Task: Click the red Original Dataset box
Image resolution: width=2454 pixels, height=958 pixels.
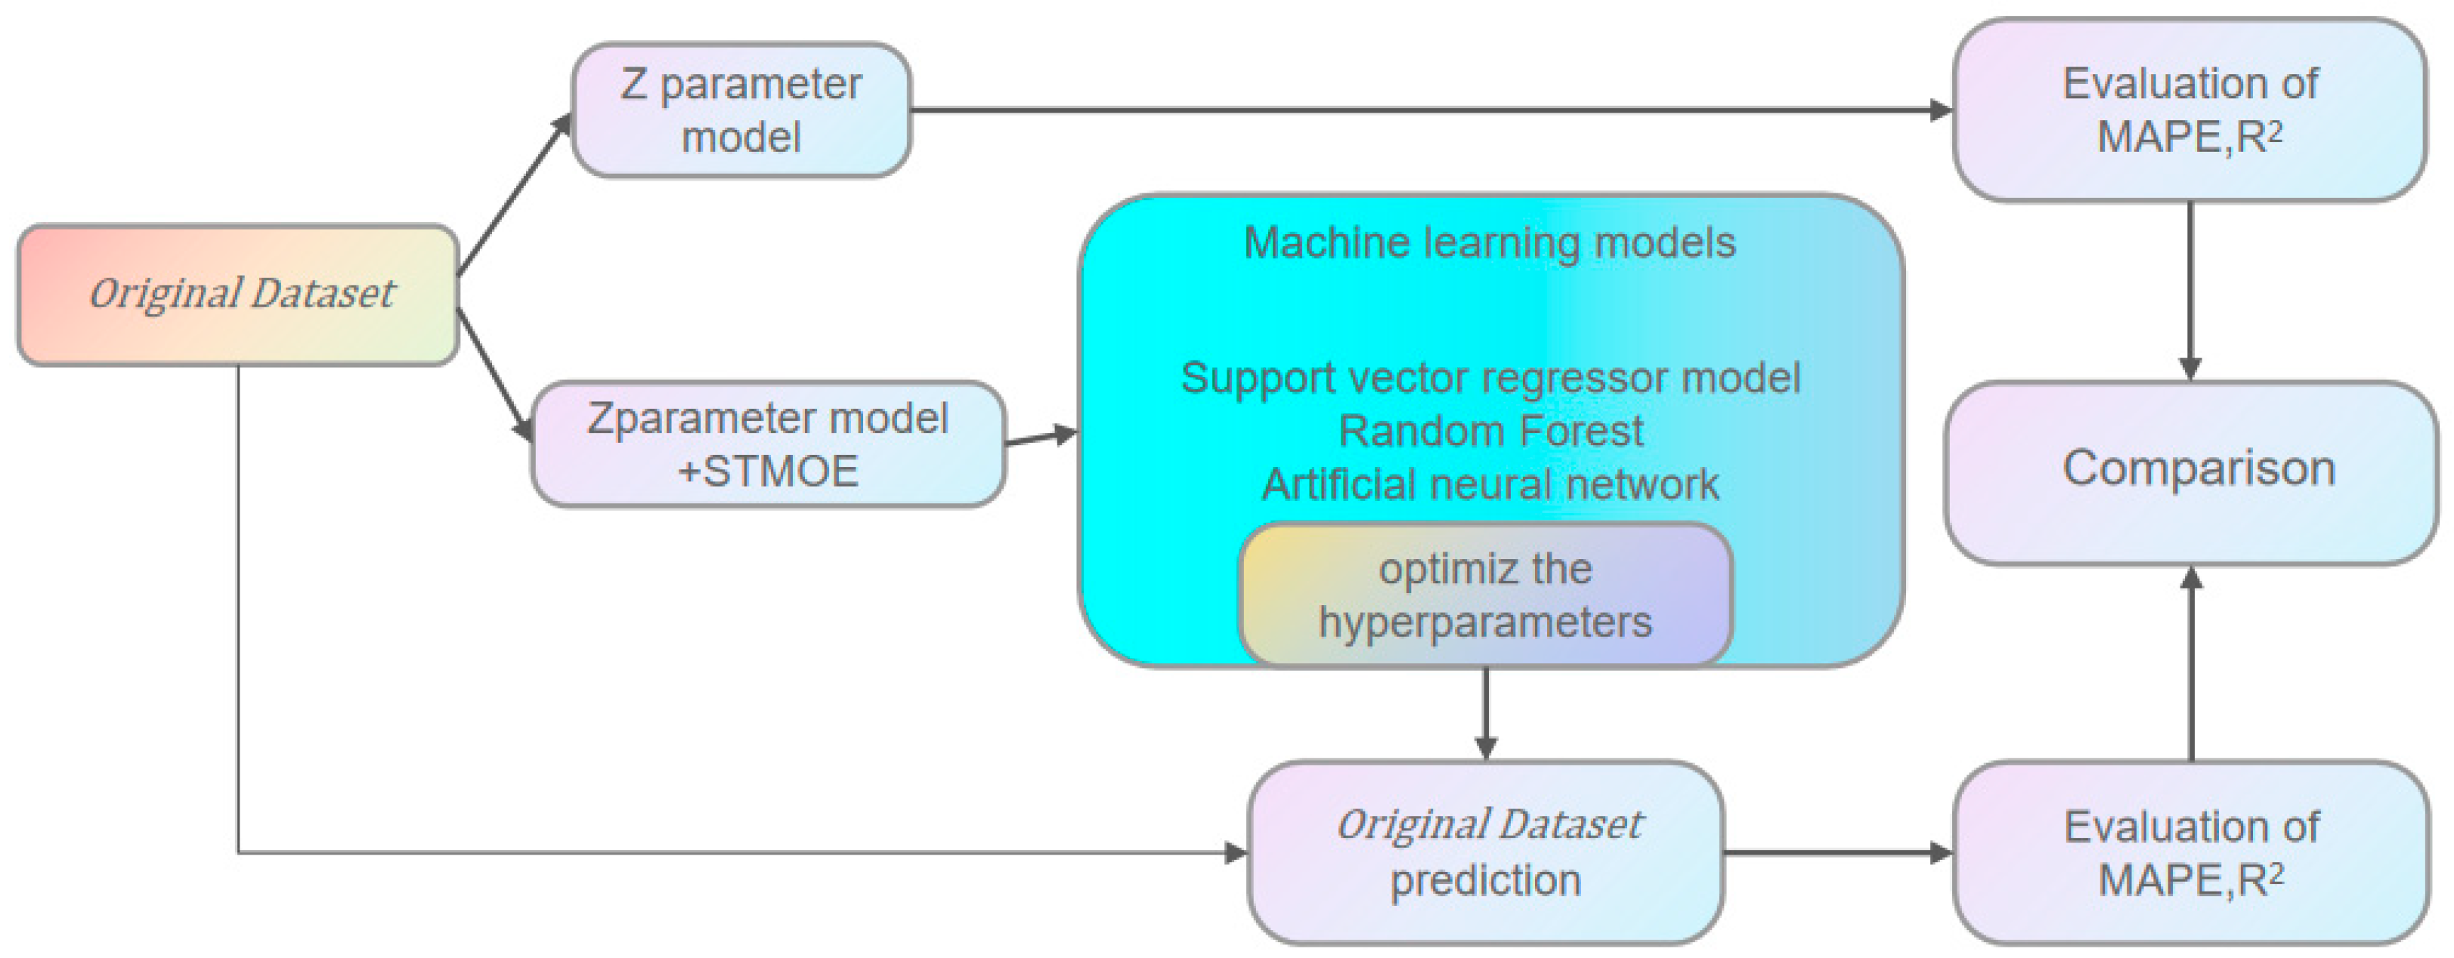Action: coord(238,295)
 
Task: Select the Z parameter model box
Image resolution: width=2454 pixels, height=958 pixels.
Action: coord(741,110)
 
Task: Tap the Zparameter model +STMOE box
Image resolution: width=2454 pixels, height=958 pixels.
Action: coord(768,443)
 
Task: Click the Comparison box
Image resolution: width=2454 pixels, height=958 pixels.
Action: coord(2191,473)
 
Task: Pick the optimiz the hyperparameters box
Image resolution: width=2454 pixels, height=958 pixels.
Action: coord(1485,595)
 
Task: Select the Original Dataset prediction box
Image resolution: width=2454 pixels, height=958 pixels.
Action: coord(1486,852)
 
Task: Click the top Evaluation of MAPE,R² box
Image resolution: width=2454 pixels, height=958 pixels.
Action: coord(2190,110)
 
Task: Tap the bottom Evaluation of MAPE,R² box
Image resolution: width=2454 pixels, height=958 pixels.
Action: coord(2191,852)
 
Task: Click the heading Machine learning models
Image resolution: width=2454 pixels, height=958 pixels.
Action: coord(1490,243)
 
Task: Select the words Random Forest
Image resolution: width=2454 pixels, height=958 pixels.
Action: coord(1491,431)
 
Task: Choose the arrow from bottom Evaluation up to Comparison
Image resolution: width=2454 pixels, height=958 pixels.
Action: coord(2192,664)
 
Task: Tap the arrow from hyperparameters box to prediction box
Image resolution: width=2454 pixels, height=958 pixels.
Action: coord(1486,713)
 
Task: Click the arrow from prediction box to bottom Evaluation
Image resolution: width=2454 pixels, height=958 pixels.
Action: coord(1840,852)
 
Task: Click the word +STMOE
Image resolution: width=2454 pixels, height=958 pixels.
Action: coord(768,471)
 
